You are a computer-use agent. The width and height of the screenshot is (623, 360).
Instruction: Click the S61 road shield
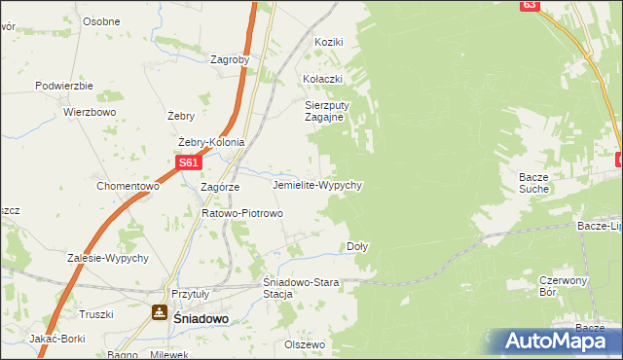[x=189, y=163]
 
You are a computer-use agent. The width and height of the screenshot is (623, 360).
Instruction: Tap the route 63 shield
[x=529, y=5]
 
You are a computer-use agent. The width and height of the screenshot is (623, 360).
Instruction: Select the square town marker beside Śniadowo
[x=158, y=312]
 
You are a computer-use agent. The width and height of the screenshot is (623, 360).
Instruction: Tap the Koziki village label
[x=329, y=42]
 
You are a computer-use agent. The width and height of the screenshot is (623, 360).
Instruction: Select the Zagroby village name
[x=230, y=59]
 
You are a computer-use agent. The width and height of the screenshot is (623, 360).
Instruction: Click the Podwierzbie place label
[x=63, y=86]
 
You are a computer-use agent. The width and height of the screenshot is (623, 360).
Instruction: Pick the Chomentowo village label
[x=128, y=186]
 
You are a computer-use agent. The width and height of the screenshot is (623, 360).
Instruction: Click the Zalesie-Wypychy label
[x=107, y=258]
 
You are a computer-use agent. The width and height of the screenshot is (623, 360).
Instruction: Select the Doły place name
[x=357, y=246]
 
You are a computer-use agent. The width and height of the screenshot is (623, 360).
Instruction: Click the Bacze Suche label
[x=540, y=182]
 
